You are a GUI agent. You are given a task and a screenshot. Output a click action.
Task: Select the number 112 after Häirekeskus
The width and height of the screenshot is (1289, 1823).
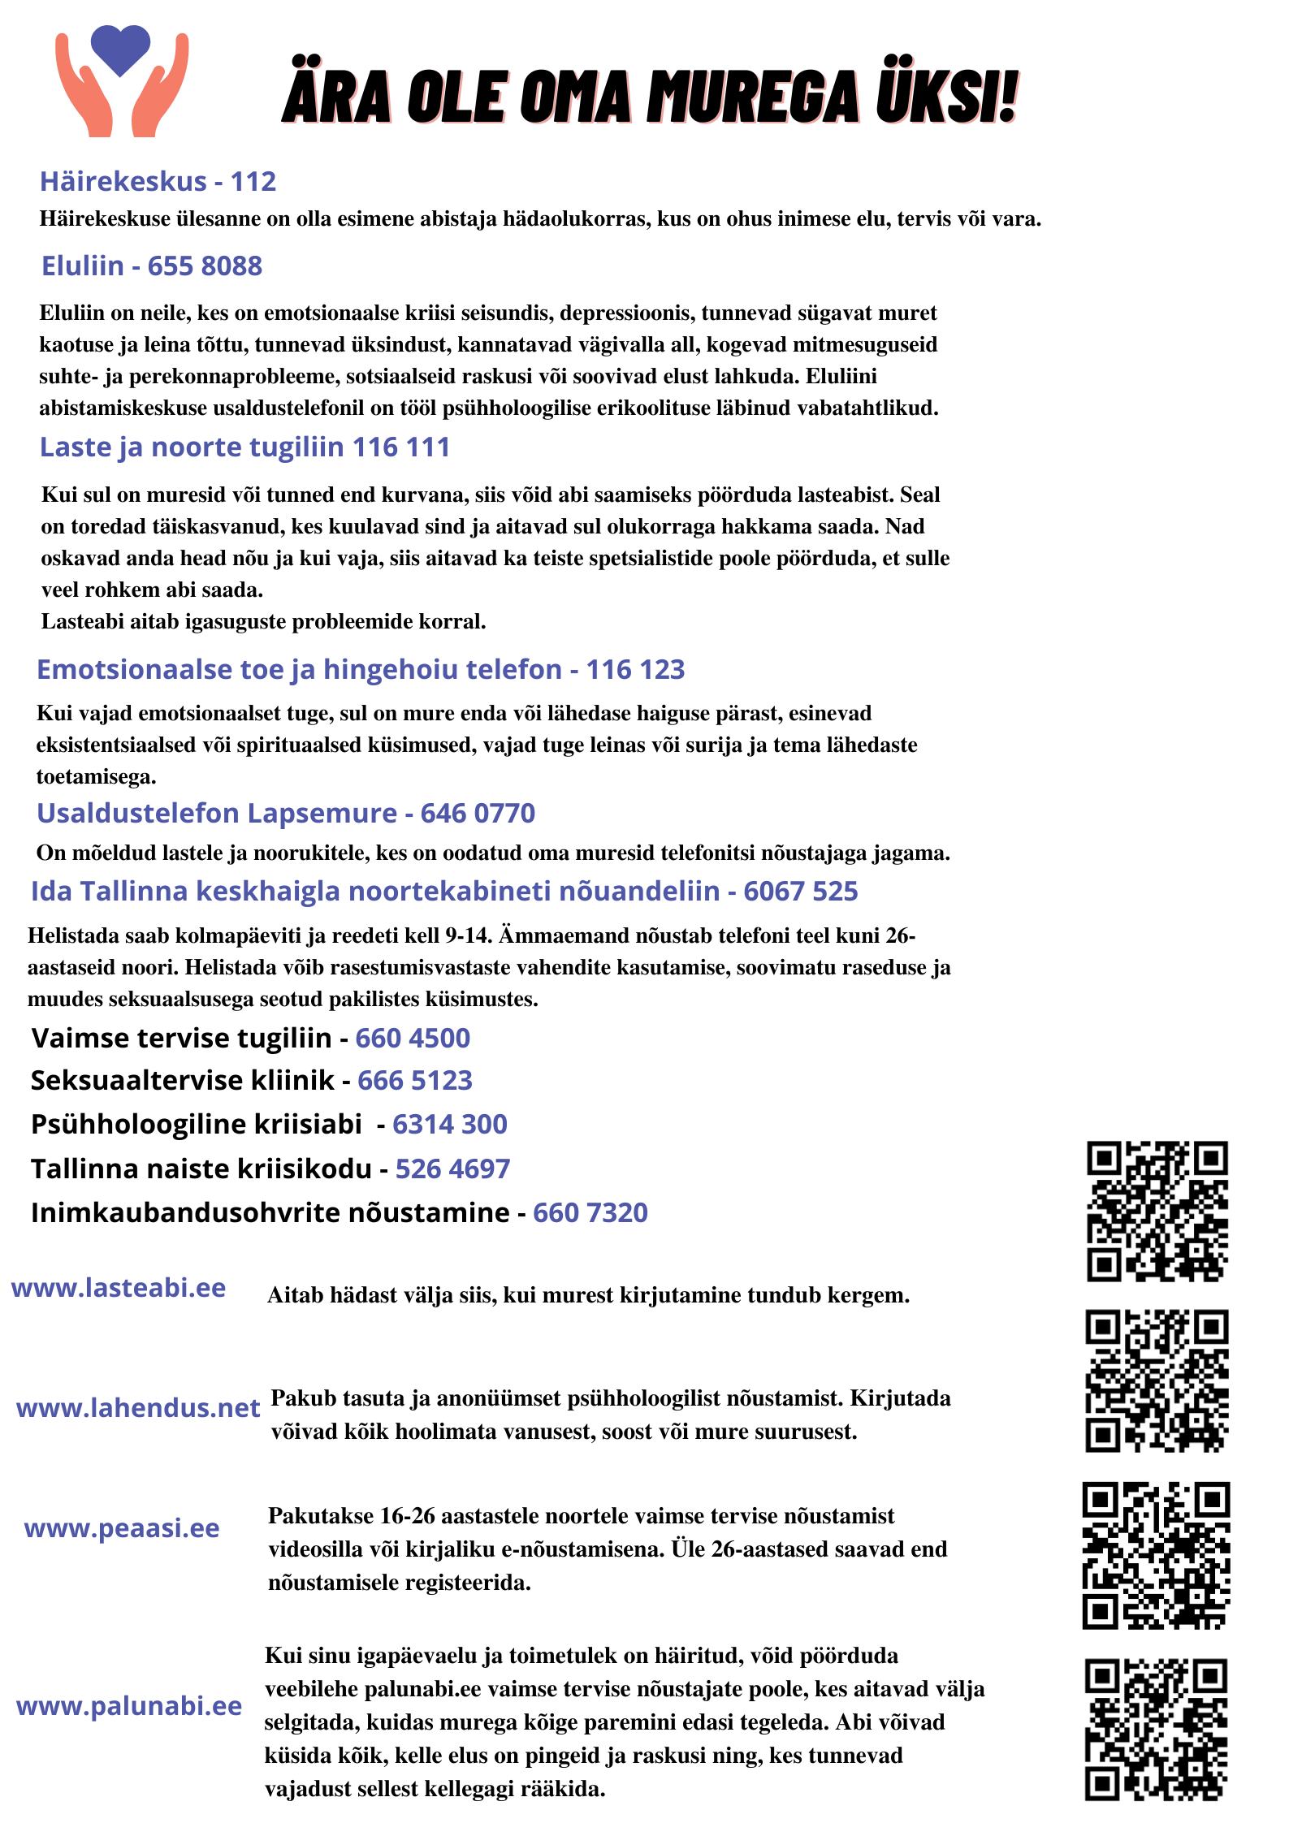pyautogui.click(x=253, y=181)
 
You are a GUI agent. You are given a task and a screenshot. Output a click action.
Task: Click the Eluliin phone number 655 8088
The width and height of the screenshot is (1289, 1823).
pyautogui.click(x=205, y=266)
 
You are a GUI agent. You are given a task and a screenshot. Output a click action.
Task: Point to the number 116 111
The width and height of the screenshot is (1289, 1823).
pyautogui.click(x=401, y=447)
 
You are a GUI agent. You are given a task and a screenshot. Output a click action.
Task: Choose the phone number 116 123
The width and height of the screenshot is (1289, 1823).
pyautogui.click(x=635, y=669)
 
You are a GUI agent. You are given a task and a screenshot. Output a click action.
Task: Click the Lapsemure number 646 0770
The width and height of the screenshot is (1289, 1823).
pyautogui.click(x=478, y=813)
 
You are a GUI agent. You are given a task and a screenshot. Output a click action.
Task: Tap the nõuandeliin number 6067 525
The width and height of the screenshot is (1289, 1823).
pyautogui.click(x=800, y=891)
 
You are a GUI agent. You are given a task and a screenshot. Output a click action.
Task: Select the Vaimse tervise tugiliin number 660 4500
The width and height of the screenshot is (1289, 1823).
pyautogui.click(x=413, y=1038)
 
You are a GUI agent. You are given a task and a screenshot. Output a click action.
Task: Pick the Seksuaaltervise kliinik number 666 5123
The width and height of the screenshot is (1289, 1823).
pyautogui.click(x=415, y=1080)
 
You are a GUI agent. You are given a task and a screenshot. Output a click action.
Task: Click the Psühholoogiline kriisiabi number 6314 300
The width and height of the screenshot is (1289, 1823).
pyautogui.click(x=450, y=1124)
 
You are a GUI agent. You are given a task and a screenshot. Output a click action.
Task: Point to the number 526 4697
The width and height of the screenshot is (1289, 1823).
pyautogui.click(x=452, y=1169)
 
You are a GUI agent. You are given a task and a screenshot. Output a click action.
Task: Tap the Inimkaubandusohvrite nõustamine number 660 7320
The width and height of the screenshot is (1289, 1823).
pyautogui.click(x=590, y=1212)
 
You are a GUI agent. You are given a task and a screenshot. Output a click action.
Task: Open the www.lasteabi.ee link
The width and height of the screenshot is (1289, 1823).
pyautogui.click(x=119, y=1288)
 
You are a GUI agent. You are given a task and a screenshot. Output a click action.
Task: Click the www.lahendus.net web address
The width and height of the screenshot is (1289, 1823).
pyautogui.click(x=138, y=1407)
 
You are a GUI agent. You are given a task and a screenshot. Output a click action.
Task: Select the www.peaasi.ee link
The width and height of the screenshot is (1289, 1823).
pyautogui.click(x=122, y=1527)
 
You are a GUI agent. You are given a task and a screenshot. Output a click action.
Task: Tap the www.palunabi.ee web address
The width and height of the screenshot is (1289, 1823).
pyautogui.click(x=129, y=1705)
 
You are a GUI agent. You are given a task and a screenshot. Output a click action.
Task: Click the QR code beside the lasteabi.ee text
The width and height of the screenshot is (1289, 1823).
pyautogui.click(x=1157, y=1211)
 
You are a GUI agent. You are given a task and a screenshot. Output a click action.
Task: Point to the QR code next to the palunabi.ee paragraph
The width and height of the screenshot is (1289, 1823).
pyautogui.click(x=1157, y=1730)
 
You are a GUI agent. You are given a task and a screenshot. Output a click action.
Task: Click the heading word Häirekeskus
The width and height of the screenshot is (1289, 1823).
pyautogui.click(x=123, y=181)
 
